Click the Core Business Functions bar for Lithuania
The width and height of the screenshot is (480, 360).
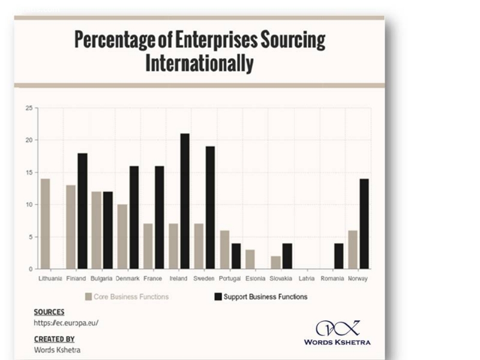pyautogui.click(x=45, y=224)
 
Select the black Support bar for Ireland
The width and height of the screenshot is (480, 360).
pyautogui.click(x=185, y=201)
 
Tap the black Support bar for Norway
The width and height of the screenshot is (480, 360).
pyautogui.click(x=364, y=224)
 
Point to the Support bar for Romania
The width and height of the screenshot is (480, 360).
pyautogui.click(x=338, y=256)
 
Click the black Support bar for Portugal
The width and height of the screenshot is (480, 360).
pyautogui.click(x=236, y=256)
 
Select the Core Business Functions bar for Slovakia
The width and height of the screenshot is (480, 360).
pyautogui.click(x=275, y=262)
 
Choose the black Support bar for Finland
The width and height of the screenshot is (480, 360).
pyautogui.click(x=82, y=211)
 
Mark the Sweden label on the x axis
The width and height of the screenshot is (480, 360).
pyautogui.click(x=204, y=279)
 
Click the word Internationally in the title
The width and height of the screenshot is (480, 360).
pyautogui.click(x=199, y=63)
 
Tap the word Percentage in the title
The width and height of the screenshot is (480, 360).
pyautogui.click(x=110, y=40)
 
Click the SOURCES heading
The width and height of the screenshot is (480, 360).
pyautogui.click(x=49, y=312)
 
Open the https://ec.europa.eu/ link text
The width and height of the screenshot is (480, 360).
pyautogui.click(x=66, y=323)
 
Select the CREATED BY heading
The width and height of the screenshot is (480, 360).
pyautogui.click(x=54, y=339)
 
